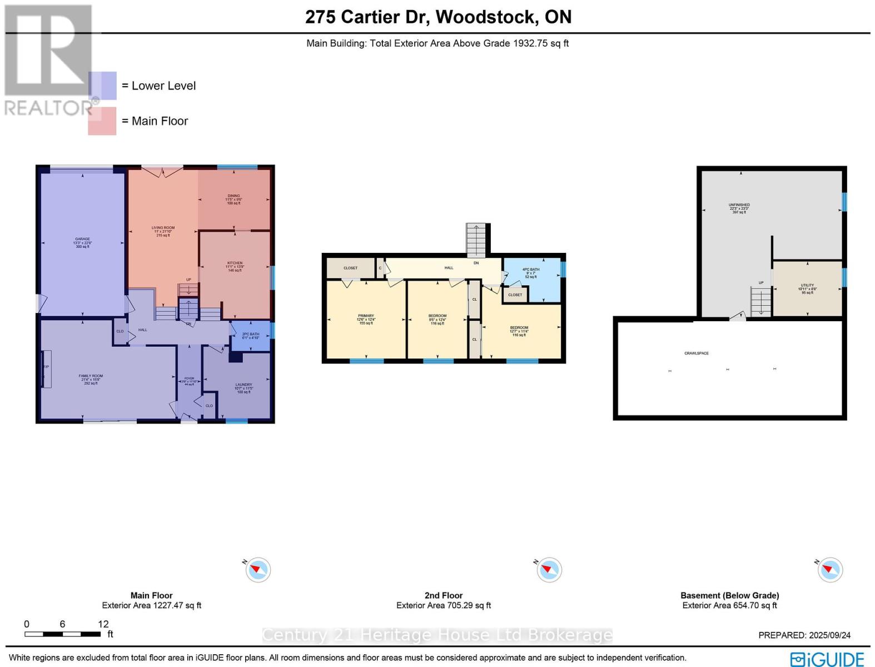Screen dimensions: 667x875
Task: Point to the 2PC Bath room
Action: click(250, 336)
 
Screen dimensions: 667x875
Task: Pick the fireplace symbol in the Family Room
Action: click(46, 369)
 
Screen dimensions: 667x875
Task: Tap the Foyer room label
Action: click(189, 381)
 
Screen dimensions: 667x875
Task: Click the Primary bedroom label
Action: click(366, 319)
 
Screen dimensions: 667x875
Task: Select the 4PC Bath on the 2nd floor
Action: click(531, 272)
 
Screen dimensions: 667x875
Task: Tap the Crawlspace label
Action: click(696, 354)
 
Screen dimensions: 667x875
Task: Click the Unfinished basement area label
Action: click(739, 208)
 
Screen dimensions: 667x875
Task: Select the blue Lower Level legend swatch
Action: click(102, 86)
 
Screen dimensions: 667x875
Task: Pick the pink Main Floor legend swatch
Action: click(102, 121)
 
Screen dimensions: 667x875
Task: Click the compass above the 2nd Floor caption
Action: click(549, 570)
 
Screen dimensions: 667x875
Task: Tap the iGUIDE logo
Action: click(827, 659)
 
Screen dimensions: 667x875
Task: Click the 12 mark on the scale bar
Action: click(103, 624)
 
